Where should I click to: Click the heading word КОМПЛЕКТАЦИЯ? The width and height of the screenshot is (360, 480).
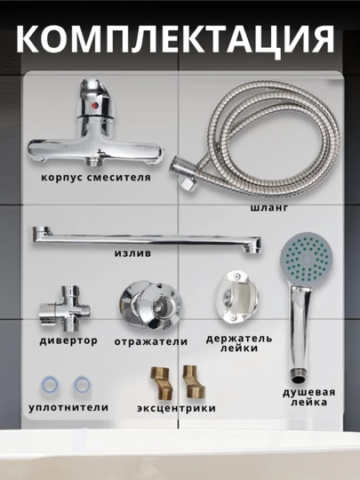(175, 40)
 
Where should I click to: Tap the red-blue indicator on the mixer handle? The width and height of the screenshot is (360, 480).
(95, 106)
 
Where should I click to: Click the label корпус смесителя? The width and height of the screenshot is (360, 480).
(96, 178)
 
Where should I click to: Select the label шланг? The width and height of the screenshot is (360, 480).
(269, 208)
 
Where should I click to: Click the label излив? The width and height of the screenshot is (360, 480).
(132, 253)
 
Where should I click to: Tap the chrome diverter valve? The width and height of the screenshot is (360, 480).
(65, 308)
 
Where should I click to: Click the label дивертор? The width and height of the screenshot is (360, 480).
(68, 340)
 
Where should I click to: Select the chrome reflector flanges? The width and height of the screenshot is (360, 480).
(150, 306)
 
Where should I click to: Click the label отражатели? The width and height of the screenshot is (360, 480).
(151, 341)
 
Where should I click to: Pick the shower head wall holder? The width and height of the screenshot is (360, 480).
(237, 297)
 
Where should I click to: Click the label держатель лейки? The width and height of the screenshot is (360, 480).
(239, 343)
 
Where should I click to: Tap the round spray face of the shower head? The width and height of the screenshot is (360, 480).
(307, 259)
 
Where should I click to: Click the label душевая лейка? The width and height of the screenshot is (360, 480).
(308, 397)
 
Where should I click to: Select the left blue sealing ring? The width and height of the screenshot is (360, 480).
(50, 385)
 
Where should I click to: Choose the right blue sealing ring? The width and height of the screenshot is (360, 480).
(82, 385)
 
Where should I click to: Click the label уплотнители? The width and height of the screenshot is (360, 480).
(68, 407)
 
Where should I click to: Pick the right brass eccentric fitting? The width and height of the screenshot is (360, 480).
(193, 381)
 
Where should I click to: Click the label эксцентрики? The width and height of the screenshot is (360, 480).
(176, 408)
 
